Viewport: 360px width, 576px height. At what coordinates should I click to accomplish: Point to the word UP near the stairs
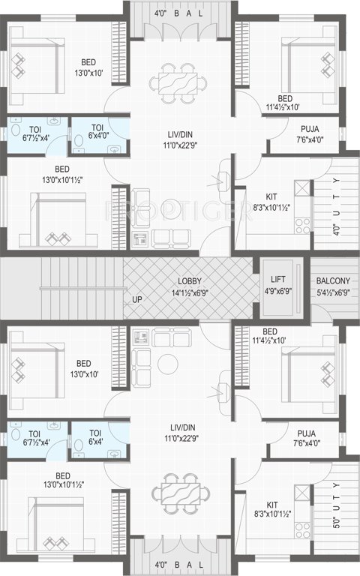136,300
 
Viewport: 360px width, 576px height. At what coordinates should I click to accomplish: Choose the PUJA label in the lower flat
305,433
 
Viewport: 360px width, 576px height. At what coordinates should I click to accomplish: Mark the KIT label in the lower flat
271,504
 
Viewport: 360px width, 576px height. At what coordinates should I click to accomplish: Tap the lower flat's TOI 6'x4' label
95,437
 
